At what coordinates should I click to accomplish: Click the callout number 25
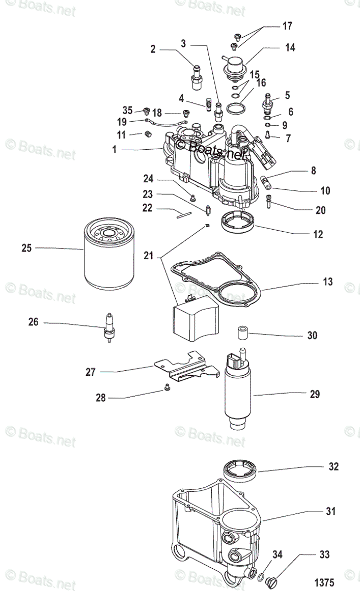[x=26, y=248]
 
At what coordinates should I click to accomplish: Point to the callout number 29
[x=315, y=394]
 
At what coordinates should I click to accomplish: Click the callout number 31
[x=331, y=512]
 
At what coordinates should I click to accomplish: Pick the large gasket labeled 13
[x=219, y=280]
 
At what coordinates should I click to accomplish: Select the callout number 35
[x=127, y=109]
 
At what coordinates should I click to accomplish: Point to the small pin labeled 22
[x=183, y=214]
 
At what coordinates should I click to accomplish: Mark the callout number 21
[x=148, y=256]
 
